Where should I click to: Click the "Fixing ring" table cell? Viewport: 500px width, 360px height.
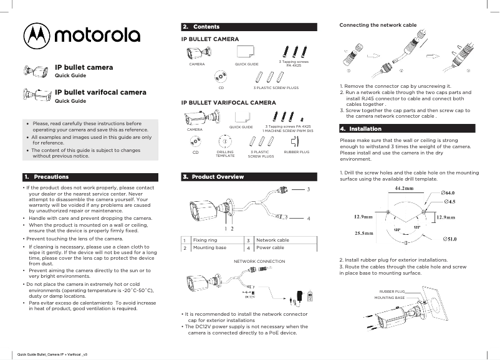coord(205,240)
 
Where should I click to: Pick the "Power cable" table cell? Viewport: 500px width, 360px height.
coord(270,248)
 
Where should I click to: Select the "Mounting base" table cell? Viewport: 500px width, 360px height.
coord(209,248)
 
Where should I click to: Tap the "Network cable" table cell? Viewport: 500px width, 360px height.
coord(272,240)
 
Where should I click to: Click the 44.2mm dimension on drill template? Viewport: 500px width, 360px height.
coord(405,187)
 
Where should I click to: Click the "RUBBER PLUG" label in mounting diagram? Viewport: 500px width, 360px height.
coord(392,291)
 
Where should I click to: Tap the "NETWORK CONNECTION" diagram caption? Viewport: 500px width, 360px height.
coord(259,262)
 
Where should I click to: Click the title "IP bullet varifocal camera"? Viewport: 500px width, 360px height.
coord(100,92)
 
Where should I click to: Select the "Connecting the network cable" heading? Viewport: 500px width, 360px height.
coord(377,25)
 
